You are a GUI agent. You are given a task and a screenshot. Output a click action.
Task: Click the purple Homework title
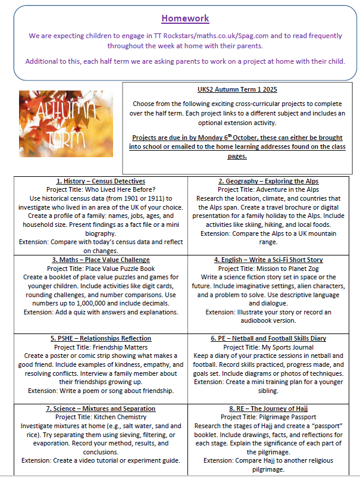click(x=185, y=18)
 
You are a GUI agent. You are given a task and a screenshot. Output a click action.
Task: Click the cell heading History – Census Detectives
click(x=100, y=181)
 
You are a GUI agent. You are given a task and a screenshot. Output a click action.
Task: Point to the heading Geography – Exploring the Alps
click(x=274, y=181)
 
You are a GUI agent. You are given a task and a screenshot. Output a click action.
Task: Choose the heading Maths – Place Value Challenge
click(x=100, y=260)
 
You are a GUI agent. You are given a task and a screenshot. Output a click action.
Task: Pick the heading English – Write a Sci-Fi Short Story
click(x=274, y=260)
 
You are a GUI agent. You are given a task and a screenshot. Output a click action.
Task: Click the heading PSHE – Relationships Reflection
click(x=100, y=338)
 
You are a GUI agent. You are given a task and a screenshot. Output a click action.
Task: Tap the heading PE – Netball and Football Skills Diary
click(x=274, y=338)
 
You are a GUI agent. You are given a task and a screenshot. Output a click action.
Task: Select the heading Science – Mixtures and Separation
click(x=100, y=409)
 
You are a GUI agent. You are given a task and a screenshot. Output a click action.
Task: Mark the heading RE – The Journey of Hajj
click(x=274, y=409)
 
